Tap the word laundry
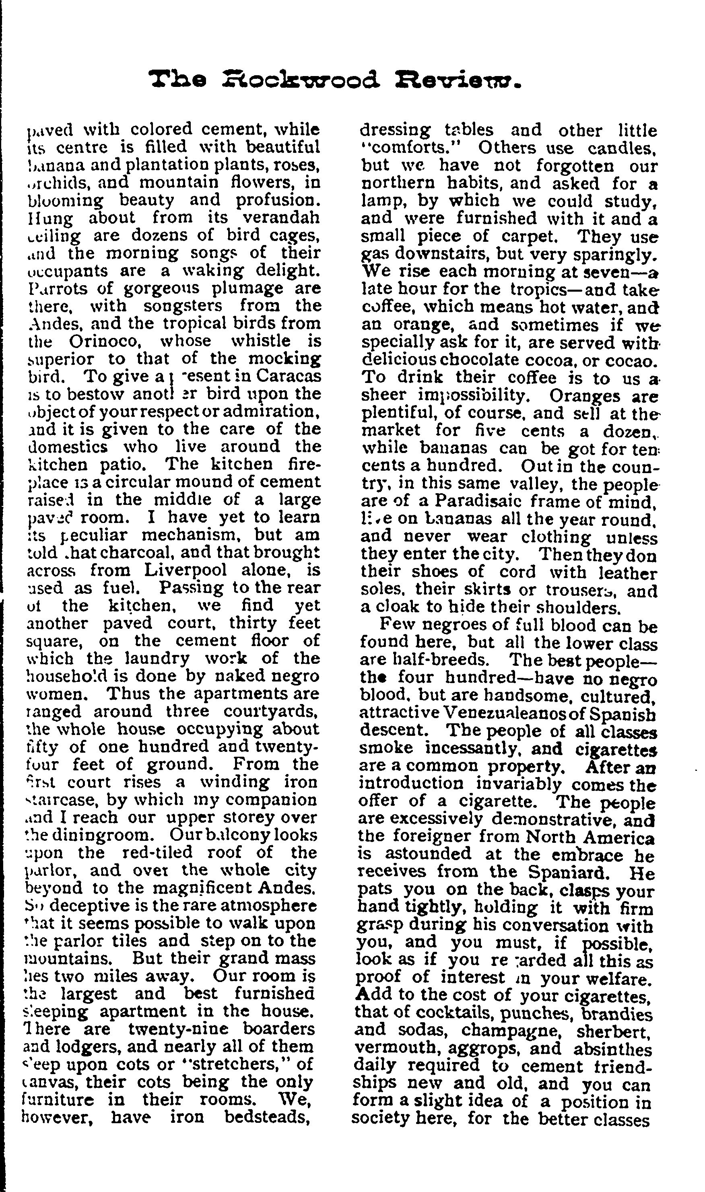click(150, 658)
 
